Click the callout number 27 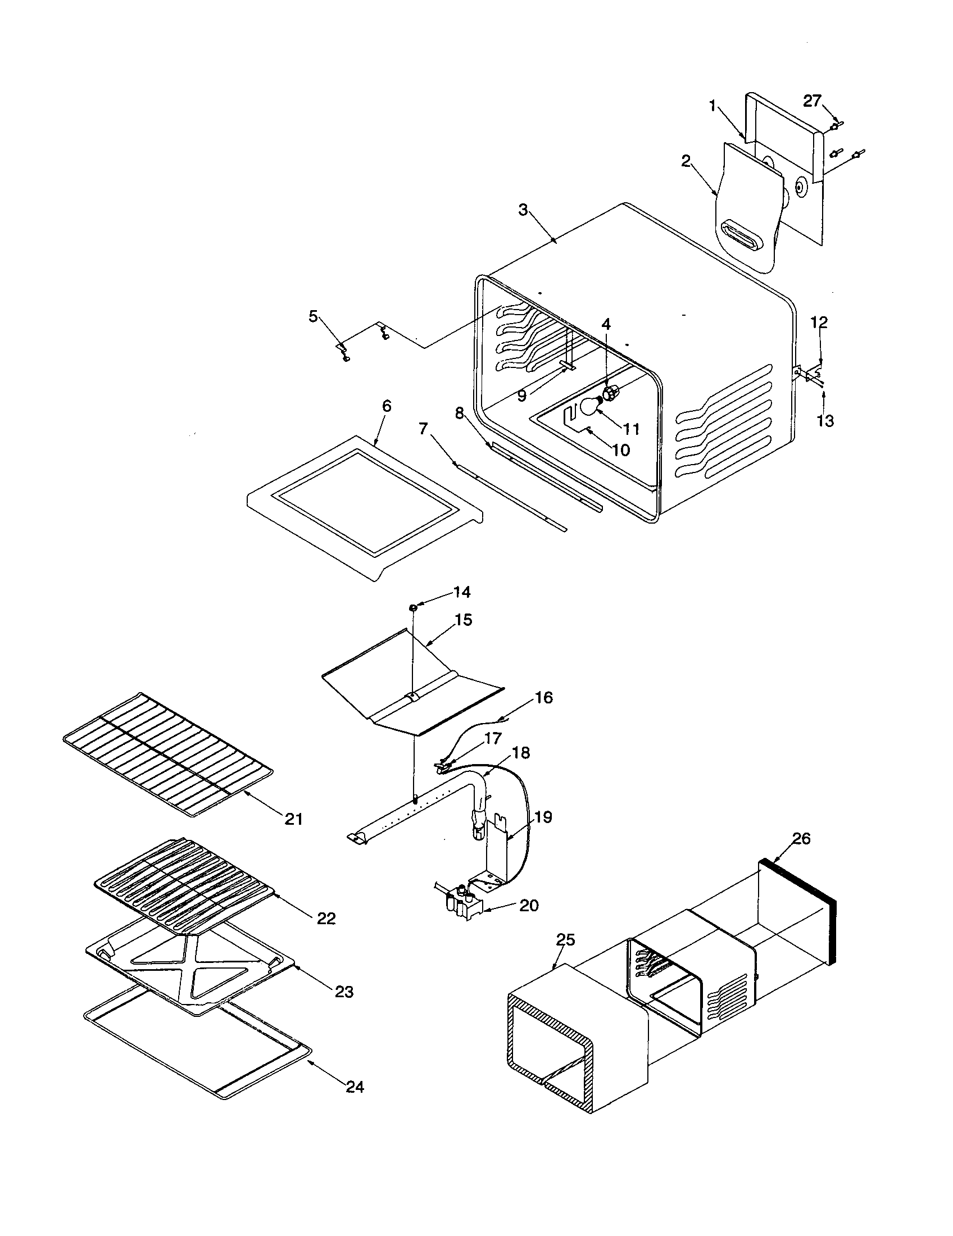point(812,101)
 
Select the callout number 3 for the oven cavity point(523,210)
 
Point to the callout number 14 point(462,592)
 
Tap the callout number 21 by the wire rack point(294,819)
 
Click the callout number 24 point(355,1087)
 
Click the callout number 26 point(801,838)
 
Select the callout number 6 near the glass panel point(387,406)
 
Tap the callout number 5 point(313,316)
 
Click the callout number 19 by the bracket point(543,817)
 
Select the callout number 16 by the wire point(544,698)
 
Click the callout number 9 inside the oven point(522,396)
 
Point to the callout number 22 point(326,918)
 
